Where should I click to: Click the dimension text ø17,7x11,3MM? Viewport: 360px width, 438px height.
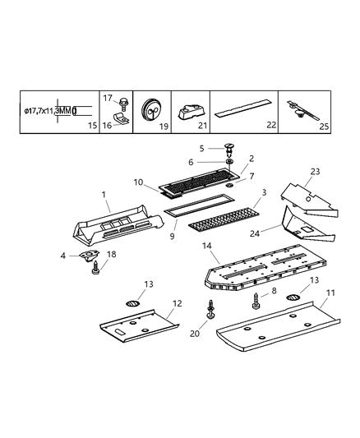[48, 110]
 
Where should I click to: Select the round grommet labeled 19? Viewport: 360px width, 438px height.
[150, 109]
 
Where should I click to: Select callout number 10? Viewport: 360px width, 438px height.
[139, 181]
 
